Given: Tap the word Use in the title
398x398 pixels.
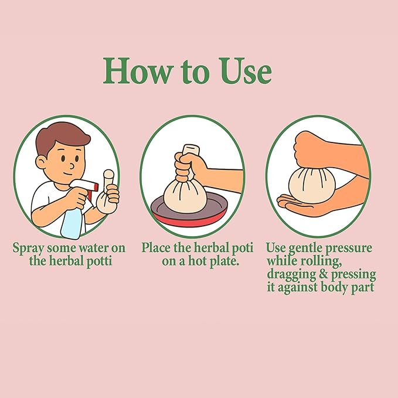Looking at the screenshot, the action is tap(246, 70).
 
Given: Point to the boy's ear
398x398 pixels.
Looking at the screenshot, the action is tap(41, 162).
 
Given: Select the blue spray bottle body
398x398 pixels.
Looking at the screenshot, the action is tap(72, 224).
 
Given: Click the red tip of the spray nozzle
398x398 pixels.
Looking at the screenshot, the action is tap(96, 187).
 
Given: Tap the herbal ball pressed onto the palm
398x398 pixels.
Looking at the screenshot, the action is tap(312, 185).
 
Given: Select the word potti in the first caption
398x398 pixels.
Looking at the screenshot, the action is tap(99, 261).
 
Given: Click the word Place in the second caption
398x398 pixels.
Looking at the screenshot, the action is tap(156, 247).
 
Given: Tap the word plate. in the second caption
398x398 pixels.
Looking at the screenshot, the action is tap(224, 261).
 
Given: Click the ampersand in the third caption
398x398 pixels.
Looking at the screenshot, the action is tap(323, 275).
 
